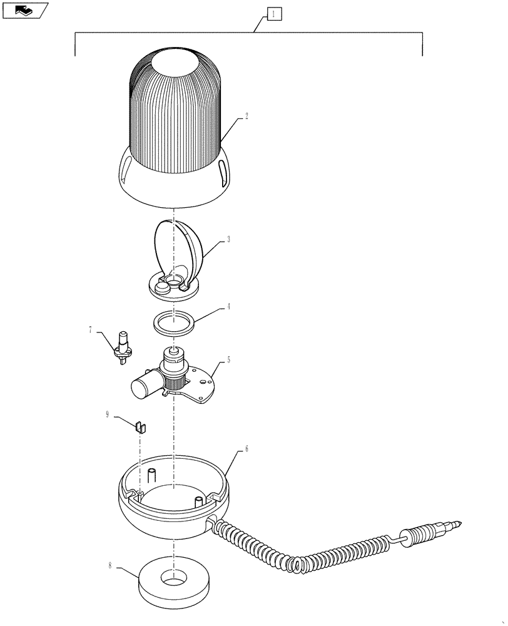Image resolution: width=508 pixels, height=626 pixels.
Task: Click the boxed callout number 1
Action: point(275,13)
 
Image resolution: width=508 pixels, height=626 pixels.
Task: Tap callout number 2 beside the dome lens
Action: point(246,116)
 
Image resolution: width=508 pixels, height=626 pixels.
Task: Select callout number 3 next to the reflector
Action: point(229,239)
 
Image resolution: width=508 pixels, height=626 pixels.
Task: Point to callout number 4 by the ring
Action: point(229,307)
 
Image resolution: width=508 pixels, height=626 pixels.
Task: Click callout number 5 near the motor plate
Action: point(229,360)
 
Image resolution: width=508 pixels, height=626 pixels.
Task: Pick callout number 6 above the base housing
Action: point(246,449)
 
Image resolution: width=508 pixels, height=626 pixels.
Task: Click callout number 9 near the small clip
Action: point(107,414)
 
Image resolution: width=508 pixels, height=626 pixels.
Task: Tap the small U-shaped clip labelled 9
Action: point(141,427)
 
